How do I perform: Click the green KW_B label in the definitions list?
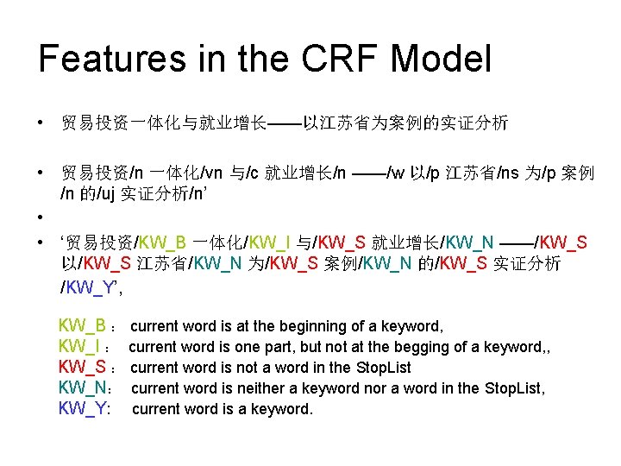[82, 326]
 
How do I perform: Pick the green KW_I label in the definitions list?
[79, 347]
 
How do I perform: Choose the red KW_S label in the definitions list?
[82, 368]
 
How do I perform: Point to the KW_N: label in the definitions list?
[83, 388]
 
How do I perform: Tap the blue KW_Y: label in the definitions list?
[83, 409]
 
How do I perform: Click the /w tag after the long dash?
[396, 174]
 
